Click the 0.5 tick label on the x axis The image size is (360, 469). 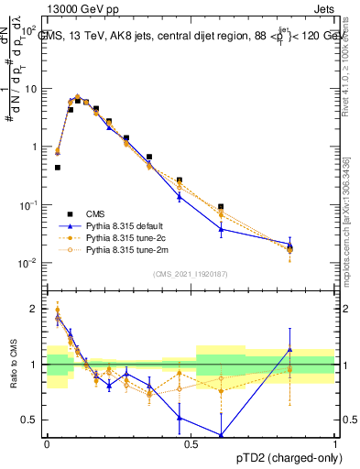(191, 443)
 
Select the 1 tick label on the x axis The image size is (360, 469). (334, 443)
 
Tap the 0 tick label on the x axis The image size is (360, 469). (47, 443)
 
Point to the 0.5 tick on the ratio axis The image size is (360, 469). (33, 420)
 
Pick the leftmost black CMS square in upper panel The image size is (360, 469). (57, 168)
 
